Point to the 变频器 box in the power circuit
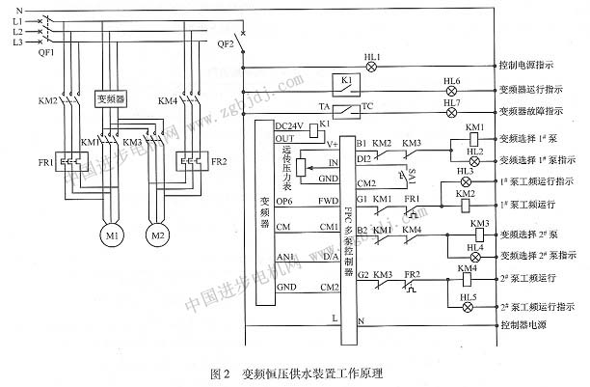click(x=113, y=98)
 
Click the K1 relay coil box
click(x=346, y=81)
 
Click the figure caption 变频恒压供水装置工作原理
click(x=310, y=372)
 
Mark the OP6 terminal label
click(x=284, y=201)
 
